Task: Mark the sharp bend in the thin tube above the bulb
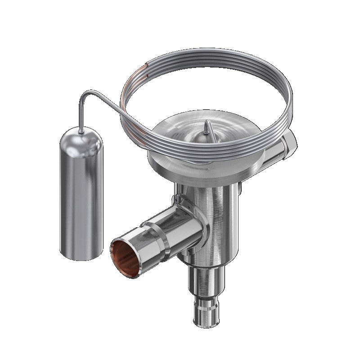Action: (84, 94)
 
